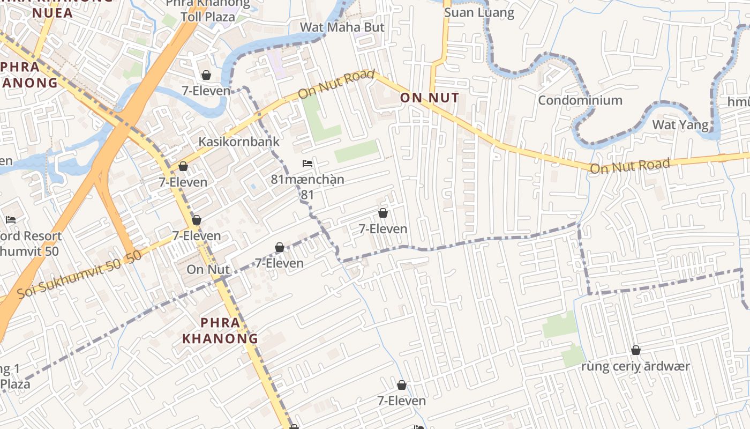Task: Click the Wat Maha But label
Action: (342, 27)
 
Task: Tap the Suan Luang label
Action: (479, 13)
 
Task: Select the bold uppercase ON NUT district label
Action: (430, 98)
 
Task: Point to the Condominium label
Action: (580, 100)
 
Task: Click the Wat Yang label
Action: (680, 125)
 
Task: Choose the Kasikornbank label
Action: (239, 142)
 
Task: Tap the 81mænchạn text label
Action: (307, 179)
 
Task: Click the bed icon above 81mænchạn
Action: (307, 163)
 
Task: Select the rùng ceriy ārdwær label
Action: (636, 367)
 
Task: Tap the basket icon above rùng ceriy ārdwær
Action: (636, 351)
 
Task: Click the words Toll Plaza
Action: (208, 17)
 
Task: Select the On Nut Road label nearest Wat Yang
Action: (630, 166)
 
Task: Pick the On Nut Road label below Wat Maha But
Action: (336, 84)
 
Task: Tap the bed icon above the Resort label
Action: (11, 219)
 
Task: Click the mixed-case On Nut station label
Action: (208, 269)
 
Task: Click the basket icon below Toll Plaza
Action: (206, 75)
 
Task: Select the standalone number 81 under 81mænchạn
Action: (307, 194)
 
